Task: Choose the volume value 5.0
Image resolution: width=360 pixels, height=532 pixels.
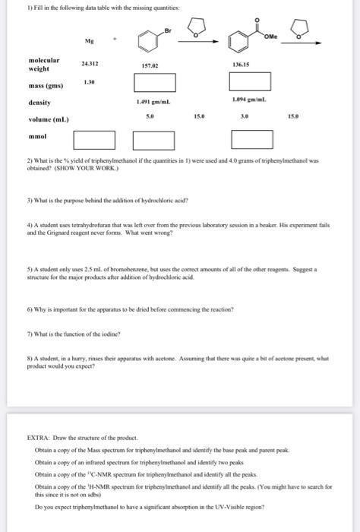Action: (155, 117)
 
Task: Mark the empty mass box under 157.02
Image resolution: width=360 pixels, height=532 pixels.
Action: (155, 81)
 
